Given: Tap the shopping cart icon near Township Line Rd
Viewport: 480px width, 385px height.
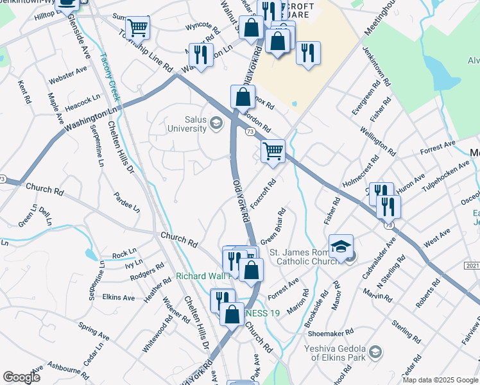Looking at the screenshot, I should point(137,28).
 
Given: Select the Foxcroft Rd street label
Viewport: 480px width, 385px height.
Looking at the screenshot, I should point(263,193).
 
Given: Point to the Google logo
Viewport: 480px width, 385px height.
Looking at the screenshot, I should point(21,377).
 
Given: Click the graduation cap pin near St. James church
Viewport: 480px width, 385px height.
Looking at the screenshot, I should point(341,246).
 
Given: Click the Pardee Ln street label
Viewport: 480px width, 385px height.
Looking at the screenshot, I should point(126,200).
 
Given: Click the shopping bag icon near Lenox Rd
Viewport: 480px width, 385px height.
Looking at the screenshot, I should point(243,97).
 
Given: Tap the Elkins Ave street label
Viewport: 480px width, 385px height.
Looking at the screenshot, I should point(118,298).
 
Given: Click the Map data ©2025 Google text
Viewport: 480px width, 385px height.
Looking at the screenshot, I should point(440,380).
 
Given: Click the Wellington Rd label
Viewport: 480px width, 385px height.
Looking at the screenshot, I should point(377,141).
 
